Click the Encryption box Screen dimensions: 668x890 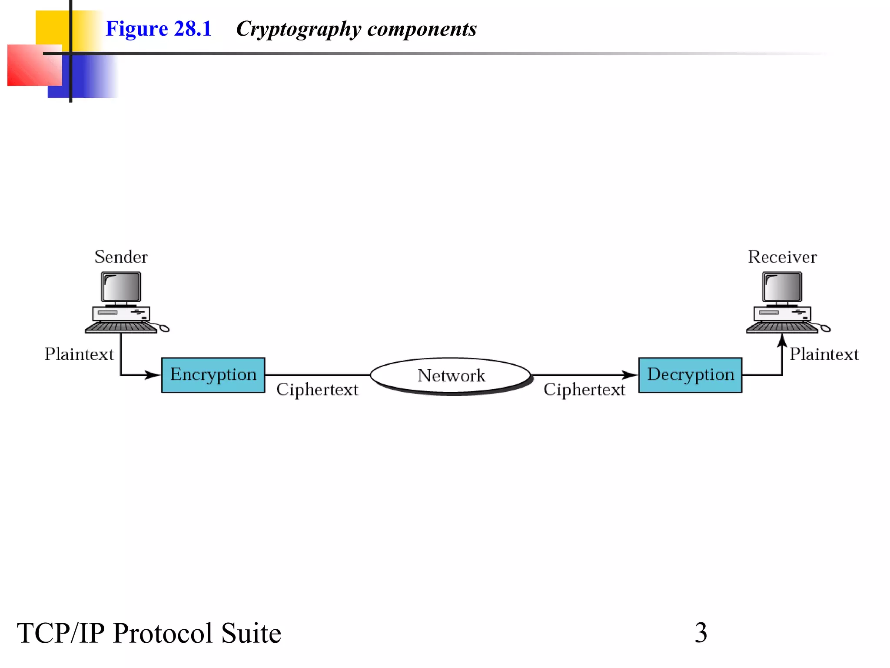(213, 375)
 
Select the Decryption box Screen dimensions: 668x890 (690, 375)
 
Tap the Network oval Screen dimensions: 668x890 (451, 375)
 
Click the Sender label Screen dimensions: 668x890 (121, 257)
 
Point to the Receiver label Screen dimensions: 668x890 (782, 257)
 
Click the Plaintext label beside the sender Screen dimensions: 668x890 (79, 354)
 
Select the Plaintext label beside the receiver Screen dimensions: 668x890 (824, 354)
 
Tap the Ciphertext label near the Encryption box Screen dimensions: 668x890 (317, 389)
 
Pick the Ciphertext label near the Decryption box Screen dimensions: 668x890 (584, 389)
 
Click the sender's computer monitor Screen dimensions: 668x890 (121, 287)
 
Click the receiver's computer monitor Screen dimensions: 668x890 (782, 287)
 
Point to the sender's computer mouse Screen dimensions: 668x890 (164, 328)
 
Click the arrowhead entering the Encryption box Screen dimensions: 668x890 (153, 375)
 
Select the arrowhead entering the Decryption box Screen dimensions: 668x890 (630, 375)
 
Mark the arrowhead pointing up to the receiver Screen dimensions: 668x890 (782, 340)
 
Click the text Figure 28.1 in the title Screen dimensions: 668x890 (158, 29)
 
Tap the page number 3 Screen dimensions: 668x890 (701, 633)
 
